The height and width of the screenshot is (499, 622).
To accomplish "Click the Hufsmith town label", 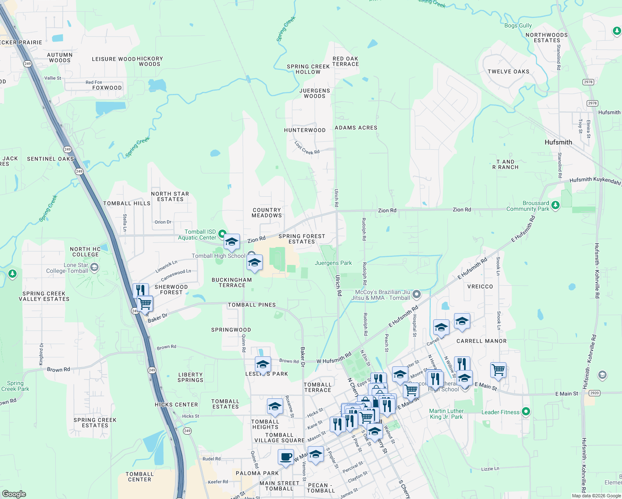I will pos(558,142).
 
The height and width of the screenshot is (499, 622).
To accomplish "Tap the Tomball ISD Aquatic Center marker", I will pos(222,234).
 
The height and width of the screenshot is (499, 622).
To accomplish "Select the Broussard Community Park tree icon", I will pos(555,205).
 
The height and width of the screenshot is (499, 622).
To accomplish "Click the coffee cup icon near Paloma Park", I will pos(286,457).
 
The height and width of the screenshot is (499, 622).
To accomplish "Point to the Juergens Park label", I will pos(333,263).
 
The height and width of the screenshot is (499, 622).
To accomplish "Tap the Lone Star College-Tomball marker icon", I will pos(94,267).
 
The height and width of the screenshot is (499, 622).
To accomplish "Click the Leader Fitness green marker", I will pos(526,412).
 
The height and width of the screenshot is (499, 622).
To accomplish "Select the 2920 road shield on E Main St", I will pos(594,393).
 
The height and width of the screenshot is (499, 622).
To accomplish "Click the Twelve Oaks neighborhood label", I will pos(508,72).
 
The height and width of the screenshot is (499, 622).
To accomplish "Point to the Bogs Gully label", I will pos(518,25).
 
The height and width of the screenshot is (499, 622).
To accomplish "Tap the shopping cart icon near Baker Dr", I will pos(145,304).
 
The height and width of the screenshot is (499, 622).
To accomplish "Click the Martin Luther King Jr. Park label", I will pos(446,414).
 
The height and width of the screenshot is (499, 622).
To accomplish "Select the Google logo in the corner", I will pos(14,494).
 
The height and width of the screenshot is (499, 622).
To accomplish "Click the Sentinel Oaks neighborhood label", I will pos(50,159).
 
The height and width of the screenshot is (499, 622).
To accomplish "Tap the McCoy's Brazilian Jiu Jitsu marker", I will pos(417,295).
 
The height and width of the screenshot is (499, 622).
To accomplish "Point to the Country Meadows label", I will pos(267,212).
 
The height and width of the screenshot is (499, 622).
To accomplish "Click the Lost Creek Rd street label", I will pos(307,148).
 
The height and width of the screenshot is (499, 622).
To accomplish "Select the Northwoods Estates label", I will pos(546,37).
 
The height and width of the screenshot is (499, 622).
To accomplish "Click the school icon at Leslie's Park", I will pos(262,365).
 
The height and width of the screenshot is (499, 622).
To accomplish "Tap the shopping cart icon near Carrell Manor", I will pos(498,369).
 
